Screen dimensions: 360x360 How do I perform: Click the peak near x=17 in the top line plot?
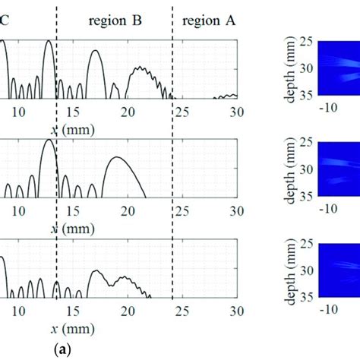tap(95, 51)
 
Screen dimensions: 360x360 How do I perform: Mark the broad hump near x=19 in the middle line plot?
tap(117, 157)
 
